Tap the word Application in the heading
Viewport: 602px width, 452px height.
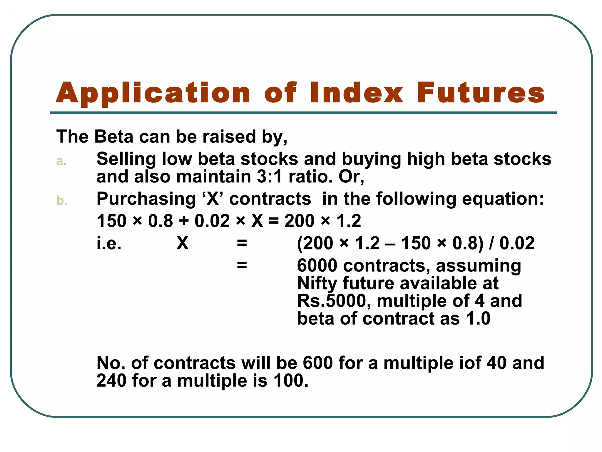pos(153,94)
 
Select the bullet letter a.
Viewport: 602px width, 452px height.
pos(61,161)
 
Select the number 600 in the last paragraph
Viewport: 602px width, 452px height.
pos(317,363)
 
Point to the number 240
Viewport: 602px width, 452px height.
pos(111,380)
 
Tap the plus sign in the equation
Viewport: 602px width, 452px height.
pos(184,221)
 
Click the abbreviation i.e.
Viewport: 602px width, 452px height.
pos(109,243)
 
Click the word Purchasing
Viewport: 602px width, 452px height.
pos(146,199)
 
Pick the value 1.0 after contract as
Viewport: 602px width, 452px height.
pos(478,319)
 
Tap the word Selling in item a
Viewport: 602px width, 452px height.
pos(126,159)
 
